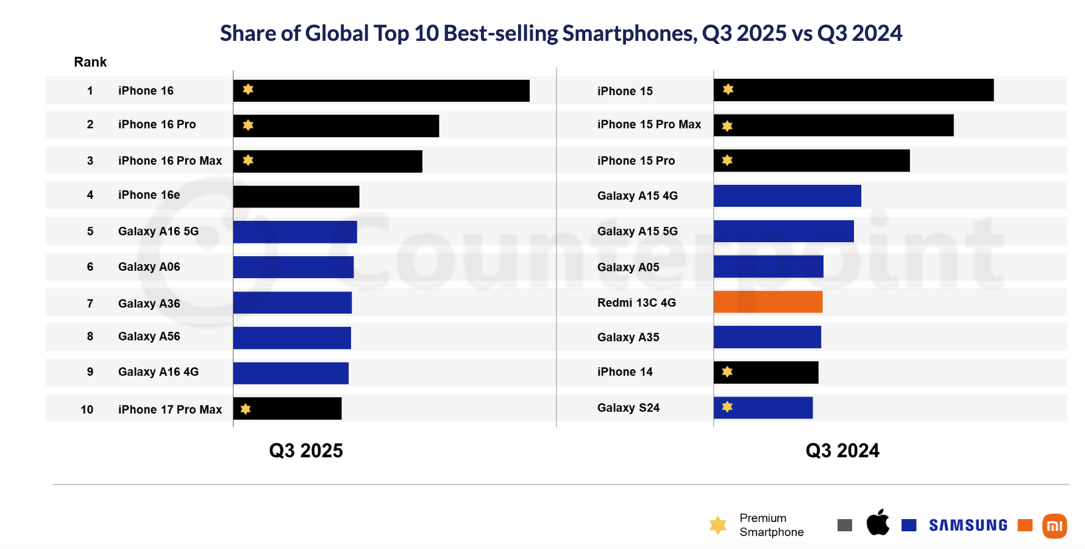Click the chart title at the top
(561, 33)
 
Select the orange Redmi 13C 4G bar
(768, 302)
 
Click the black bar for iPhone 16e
(296, 196)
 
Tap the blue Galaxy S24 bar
(763, 407)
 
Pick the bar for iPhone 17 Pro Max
(287, 409)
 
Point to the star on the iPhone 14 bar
(727, 371)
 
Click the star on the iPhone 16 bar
(248, 90)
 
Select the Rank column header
(90, 62)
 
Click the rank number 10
(87, 410)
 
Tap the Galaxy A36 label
(149, 304)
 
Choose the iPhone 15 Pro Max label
(649, 124)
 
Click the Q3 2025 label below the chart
(306, 451)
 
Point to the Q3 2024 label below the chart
(842, 451)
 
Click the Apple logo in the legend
(878, 523)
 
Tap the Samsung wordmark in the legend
(968, 525)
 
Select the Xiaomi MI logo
(1055, 526)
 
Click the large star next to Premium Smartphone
(718, 525)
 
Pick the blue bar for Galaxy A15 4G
(788, 196)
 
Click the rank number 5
(90, 231)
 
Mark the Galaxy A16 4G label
(158, 372)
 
